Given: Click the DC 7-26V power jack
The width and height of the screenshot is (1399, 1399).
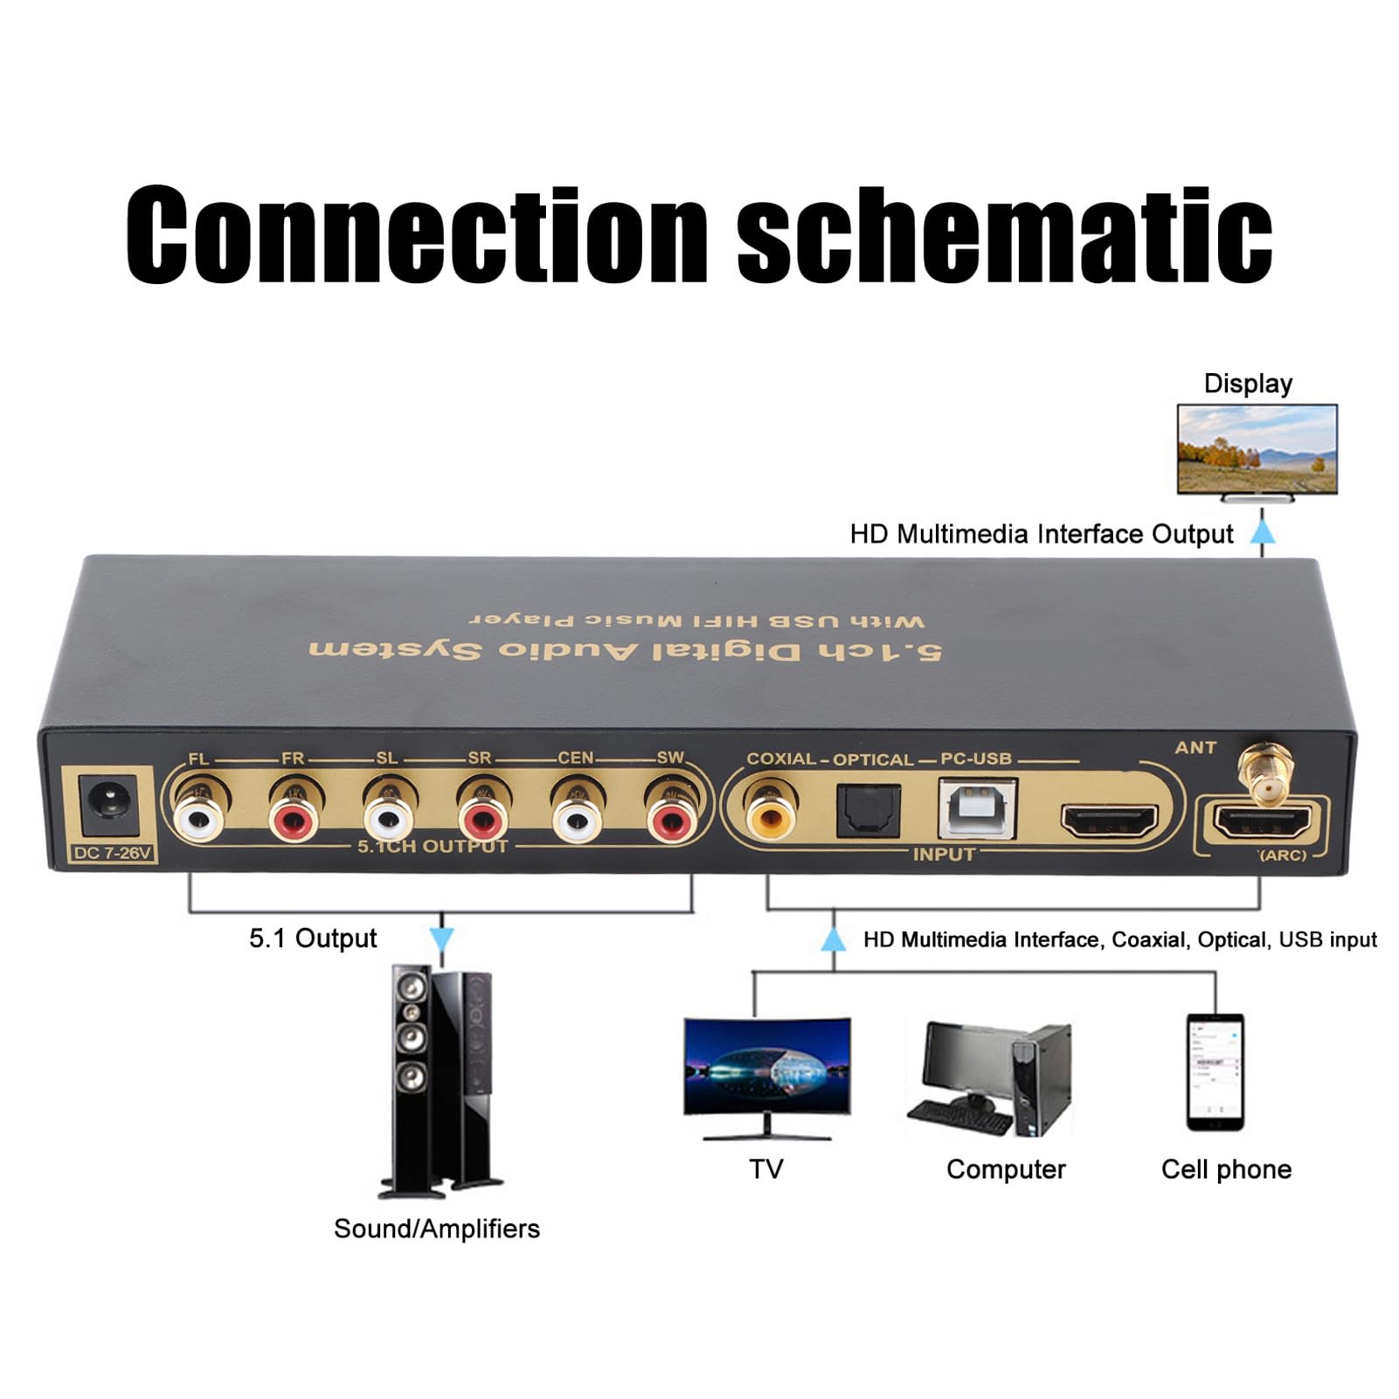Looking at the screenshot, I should pyautogui.click(x=110, y=805).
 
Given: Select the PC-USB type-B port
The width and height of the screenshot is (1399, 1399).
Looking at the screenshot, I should pyautogui.click(x=978, y=808).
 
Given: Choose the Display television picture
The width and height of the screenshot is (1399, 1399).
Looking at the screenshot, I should pyautogui.click(x=1257, y=450).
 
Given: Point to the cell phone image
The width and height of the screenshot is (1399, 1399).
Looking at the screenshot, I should pyautogui.click(x=1215, y=1072).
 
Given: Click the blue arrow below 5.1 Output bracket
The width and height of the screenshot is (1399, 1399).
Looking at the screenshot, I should pyautogui.click(x=442, y=940).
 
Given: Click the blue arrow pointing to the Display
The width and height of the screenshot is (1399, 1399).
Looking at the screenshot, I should pyautogui.click(x=1262, y=531).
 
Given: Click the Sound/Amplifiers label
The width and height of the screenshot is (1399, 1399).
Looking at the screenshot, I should pyautogui.click(x=437, y=1229).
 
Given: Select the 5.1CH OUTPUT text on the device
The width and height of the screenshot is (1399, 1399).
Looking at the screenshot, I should pyautogui.click(x=433, y=846).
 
